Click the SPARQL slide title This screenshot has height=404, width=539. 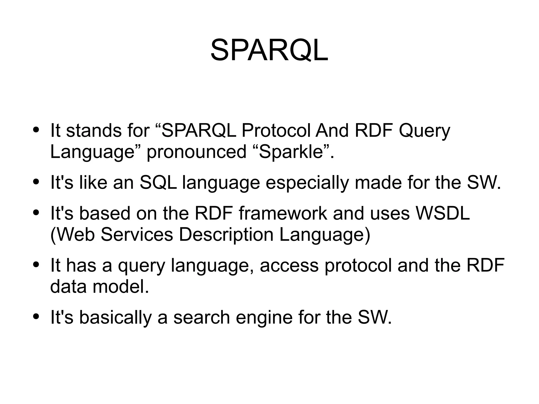[x=269, y=50]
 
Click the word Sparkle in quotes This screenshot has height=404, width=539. [x=291, y=152]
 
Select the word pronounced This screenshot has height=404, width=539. [x=196, y=152]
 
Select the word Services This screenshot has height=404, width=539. [x=137, y=234]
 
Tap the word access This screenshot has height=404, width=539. [x=289, y=265]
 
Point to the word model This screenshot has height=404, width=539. [x=121, y=286]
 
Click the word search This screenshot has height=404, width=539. [x=202, y=317]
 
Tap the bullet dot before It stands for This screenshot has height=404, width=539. [x=36, y=130]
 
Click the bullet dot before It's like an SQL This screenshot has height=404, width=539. [x=36, y=182]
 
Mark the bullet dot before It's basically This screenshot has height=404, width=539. [x=36, y=316]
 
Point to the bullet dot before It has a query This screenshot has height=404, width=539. [x=36, y=264]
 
